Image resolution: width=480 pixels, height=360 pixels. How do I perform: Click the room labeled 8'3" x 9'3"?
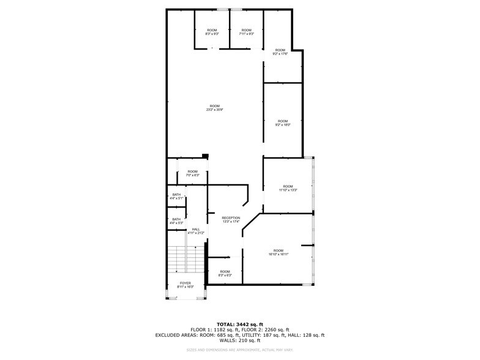coord(212,32)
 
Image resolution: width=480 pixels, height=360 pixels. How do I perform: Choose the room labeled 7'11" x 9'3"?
coord(246,32)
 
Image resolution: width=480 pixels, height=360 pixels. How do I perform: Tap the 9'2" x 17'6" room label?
coord(280,52)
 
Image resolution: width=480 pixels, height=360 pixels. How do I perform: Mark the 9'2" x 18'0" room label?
coord(282,122)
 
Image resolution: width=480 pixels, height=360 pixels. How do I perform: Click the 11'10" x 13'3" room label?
coord(288,188)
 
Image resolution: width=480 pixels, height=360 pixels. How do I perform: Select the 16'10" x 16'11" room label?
coord(279,252)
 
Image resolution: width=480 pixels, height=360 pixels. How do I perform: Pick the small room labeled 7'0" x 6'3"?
coord(192,173)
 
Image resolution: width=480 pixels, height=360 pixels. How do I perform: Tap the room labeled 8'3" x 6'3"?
coord(225,273)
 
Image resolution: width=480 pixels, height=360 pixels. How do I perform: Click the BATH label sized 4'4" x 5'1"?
coord(176,197)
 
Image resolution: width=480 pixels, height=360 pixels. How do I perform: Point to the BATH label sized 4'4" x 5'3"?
coord(176,221)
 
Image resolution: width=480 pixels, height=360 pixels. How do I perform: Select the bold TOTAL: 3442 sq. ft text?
coord(239,324)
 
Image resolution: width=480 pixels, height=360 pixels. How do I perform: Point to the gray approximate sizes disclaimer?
coord(239,350)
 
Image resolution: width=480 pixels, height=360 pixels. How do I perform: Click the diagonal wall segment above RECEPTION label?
coord(246,198)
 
